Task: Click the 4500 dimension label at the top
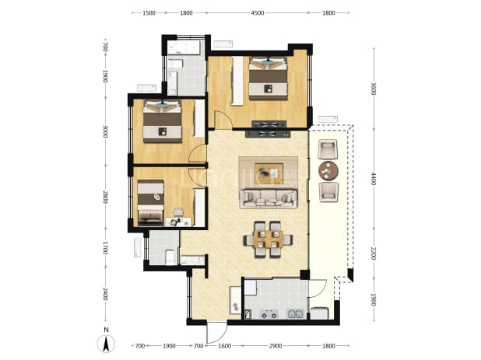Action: tap(258, 13)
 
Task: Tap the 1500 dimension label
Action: tap(149, 13)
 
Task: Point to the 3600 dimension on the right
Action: tap(374, 89)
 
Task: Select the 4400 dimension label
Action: tap(374, 179)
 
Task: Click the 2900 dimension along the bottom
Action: tap(276, 346)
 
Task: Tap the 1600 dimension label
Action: tap(225, 346)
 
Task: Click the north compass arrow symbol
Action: tap(106, 344)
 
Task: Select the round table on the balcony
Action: tap(328, 170)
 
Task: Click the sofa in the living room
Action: tap(269, 198)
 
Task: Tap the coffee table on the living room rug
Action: tap(269, 173)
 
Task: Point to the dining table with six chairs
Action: tap(268, 239)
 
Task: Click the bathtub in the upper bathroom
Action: tap(184, 47)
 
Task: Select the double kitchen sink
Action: tap(295, 314)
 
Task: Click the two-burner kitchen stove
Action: tap(269, 314)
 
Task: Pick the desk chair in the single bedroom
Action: tap(178, 211)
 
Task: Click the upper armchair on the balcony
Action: tap(328, 149)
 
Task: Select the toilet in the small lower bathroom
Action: tap(170, 257)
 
